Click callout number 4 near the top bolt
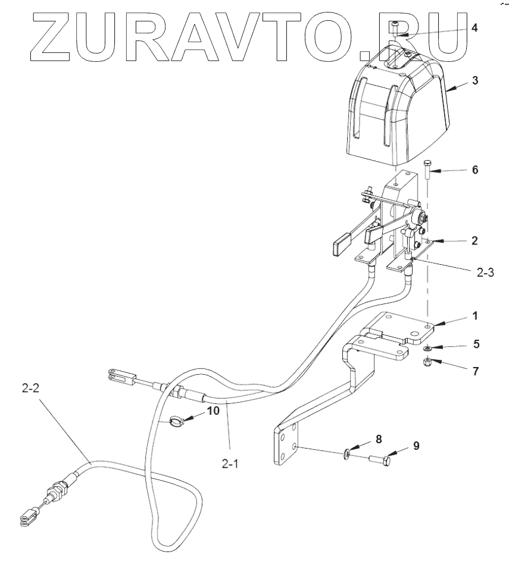point(474,28)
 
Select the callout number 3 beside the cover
point(474,80)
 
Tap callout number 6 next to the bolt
point(474,170)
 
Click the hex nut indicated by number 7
point(427,362)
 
